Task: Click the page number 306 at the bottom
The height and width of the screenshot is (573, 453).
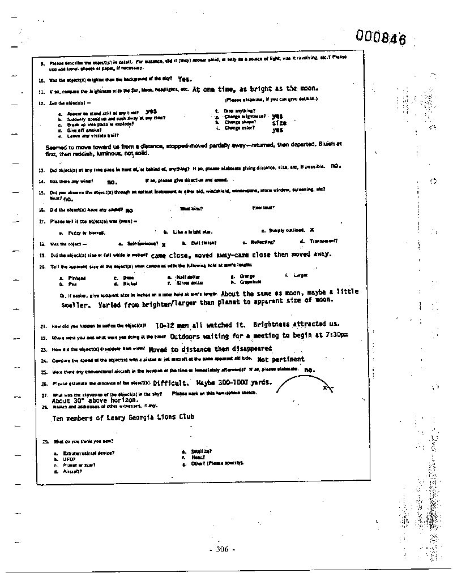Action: click(221, 549)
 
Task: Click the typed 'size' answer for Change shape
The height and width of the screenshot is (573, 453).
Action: click(279, 122)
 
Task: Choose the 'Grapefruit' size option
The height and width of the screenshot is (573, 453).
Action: click(249, 281)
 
